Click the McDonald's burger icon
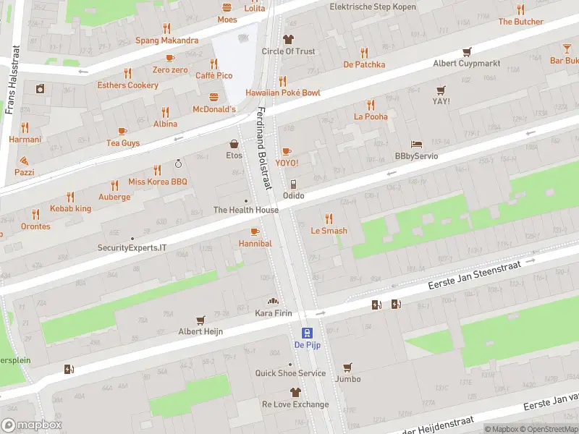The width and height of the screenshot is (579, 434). tap(214, 97)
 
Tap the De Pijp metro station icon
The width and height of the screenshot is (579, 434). tap(308, 333)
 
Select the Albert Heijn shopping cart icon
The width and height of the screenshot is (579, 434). tap(200, 319)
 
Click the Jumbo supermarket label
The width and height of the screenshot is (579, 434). tap(347, 379)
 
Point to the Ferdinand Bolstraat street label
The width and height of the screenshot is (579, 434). tap(264, 148)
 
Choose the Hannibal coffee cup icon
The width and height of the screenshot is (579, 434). tap(255, 231)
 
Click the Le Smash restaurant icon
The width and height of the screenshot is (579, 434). tap(329, 218)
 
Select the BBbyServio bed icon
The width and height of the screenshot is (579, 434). tap(416, 144)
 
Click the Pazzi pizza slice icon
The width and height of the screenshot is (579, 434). tap(24, 161)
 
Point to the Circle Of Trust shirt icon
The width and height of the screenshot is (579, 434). tap(288, 39)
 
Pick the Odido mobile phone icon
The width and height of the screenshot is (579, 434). tap(293, 184)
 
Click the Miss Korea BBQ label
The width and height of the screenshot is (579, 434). tap(157, 182)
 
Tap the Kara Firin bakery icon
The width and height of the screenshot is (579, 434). tap(274, 301)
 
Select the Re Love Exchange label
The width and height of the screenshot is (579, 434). tap(295, 404)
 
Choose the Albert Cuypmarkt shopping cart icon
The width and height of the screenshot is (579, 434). tap(467, 51)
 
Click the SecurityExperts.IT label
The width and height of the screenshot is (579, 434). tap(132, 247)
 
